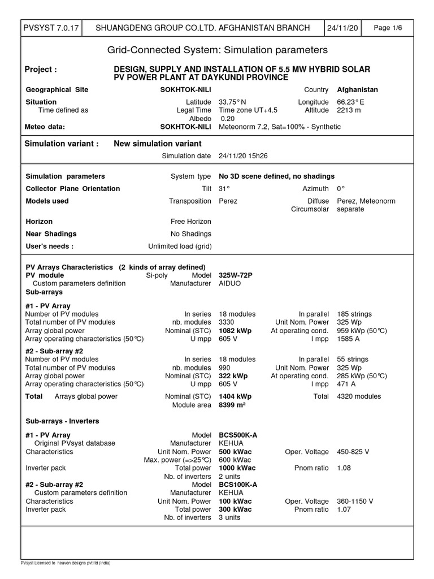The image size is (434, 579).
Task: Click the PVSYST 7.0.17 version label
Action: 50,28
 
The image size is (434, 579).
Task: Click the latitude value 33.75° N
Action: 232,102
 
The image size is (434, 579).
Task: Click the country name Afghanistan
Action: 357,89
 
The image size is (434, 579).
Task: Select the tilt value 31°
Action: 224,188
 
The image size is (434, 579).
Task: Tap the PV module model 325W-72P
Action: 236,275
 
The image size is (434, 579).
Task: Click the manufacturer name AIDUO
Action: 229,283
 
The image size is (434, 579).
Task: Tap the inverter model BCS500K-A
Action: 238,435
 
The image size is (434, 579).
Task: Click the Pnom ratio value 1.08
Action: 344,468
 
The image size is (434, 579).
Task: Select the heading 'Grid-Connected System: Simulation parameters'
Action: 217,50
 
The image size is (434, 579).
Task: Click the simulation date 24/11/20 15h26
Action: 244,155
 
